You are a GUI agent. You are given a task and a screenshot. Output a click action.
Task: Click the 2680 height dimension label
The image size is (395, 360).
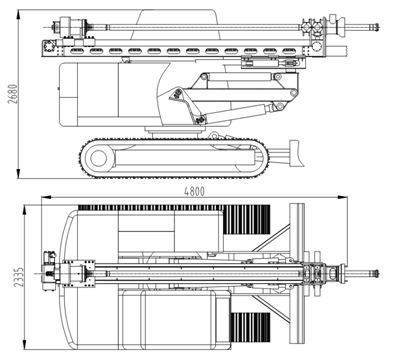pos(13,94)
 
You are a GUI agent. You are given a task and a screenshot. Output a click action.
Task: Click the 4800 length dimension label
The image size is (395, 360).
pos(194,191)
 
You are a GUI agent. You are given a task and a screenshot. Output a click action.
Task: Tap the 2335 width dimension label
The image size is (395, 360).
pos(19,277)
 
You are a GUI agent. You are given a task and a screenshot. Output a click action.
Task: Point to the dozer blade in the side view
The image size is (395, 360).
pos(297,153)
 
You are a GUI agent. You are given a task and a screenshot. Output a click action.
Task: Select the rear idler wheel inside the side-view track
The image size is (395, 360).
pos(99,158)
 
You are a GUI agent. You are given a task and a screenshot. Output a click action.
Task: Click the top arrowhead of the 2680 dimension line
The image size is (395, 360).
pos(19,14)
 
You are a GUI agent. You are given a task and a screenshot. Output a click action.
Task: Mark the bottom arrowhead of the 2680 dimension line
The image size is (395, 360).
pos(19,173)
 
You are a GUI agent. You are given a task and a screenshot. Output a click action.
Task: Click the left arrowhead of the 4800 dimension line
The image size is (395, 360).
pos(46,197)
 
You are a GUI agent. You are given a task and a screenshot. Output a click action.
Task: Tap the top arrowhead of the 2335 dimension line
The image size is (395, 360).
pos(24,210)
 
